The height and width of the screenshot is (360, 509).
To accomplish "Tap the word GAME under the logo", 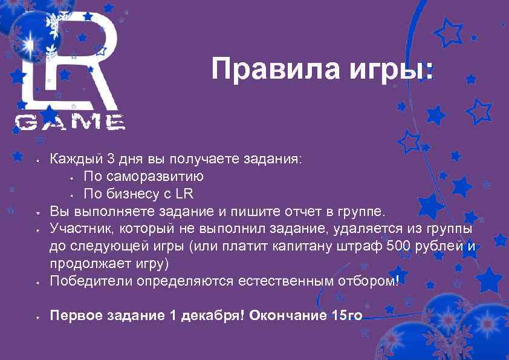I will (70, 123).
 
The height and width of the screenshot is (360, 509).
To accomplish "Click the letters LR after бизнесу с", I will (186, 194).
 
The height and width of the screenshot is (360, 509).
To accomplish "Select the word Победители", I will (91, 281).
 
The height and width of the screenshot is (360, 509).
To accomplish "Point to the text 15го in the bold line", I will (346, 316).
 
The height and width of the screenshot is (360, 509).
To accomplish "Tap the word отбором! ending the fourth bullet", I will (369, 281).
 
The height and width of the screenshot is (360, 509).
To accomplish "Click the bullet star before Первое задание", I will (37, 316).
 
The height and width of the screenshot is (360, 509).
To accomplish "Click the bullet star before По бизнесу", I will (71, 195).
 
